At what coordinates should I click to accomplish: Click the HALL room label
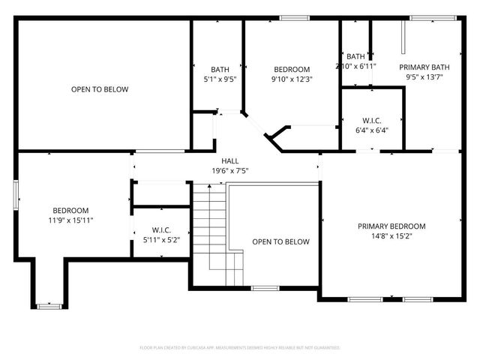tap(229, 161)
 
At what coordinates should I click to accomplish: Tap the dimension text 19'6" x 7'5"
tap(229, 171)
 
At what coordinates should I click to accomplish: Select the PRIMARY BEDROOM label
tap(391, 226)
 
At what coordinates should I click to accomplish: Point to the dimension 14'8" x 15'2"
tap(391, 235)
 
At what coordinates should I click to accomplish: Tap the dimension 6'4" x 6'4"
tap(371, 130)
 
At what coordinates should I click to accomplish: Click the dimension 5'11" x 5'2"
tap(161, 240)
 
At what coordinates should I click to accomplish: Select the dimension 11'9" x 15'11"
tap(70, 220)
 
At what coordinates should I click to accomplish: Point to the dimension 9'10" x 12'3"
tap(291, 79)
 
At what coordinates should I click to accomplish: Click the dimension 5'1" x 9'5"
tap(220, 79)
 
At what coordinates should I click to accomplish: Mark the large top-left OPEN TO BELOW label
tap(100, 89)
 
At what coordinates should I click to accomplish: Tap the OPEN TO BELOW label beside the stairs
tap(280, 241)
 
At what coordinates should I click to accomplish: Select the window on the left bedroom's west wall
tap(16, 193)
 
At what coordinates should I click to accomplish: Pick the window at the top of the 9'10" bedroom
tap(294, 18)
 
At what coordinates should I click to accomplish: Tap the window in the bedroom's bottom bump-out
tap(49, 306)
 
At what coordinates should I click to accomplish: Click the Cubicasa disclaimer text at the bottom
tap(240, 348)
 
